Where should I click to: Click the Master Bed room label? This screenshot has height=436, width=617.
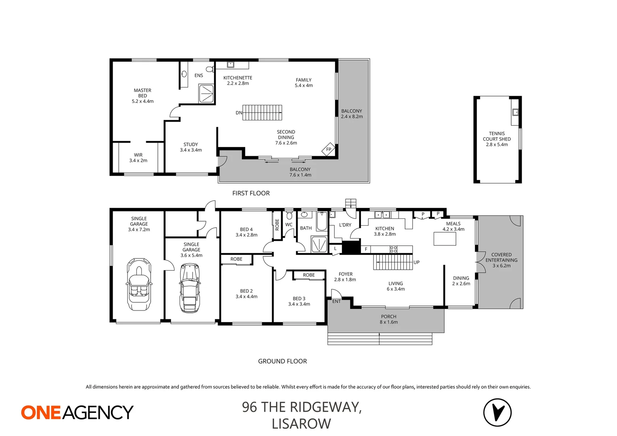coord(143,96)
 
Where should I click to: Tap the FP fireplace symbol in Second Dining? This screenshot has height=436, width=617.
coord(328,149)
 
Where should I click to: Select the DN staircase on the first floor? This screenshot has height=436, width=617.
coord(262,113)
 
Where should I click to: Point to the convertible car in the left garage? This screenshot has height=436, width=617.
coord(139,285)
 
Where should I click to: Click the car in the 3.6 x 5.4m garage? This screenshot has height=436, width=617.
coord(190,288)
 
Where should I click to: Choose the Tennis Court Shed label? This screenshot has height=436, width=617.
coord(497,139)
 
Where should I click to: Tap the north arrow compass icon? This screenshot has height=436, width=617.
coord(497,412)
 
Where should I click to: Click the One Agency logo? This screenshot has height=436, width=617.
coord(77,412)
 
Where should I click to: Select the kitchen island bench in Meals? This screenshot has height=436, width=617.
coord(445,239)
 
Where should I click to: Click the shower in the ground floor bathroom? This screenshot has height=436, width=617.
coord(319,244)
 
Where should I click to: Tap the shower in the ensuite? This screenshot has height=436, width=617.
coord(206,93)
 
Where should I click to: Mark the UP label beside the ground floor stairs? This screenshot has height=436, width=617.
coord(416,262)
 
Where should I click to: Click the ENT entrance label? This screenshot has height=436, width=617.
coord(336,301)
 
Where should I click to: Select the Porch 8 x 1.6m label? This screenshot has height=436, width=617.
coord(388,319)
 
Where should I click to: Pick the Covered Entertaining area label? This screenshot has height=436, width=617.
coord(501,260)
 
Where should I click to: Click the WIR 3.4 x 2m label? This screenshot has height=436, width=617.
coord(138,157)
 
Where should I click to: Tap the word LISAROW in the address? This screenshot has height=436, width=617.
coord(301,424)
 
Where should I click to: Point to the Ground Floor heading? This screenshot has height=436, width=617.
coord(282,361)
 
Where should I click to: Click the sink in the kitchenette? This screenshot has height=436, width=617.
coord(231,64)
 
